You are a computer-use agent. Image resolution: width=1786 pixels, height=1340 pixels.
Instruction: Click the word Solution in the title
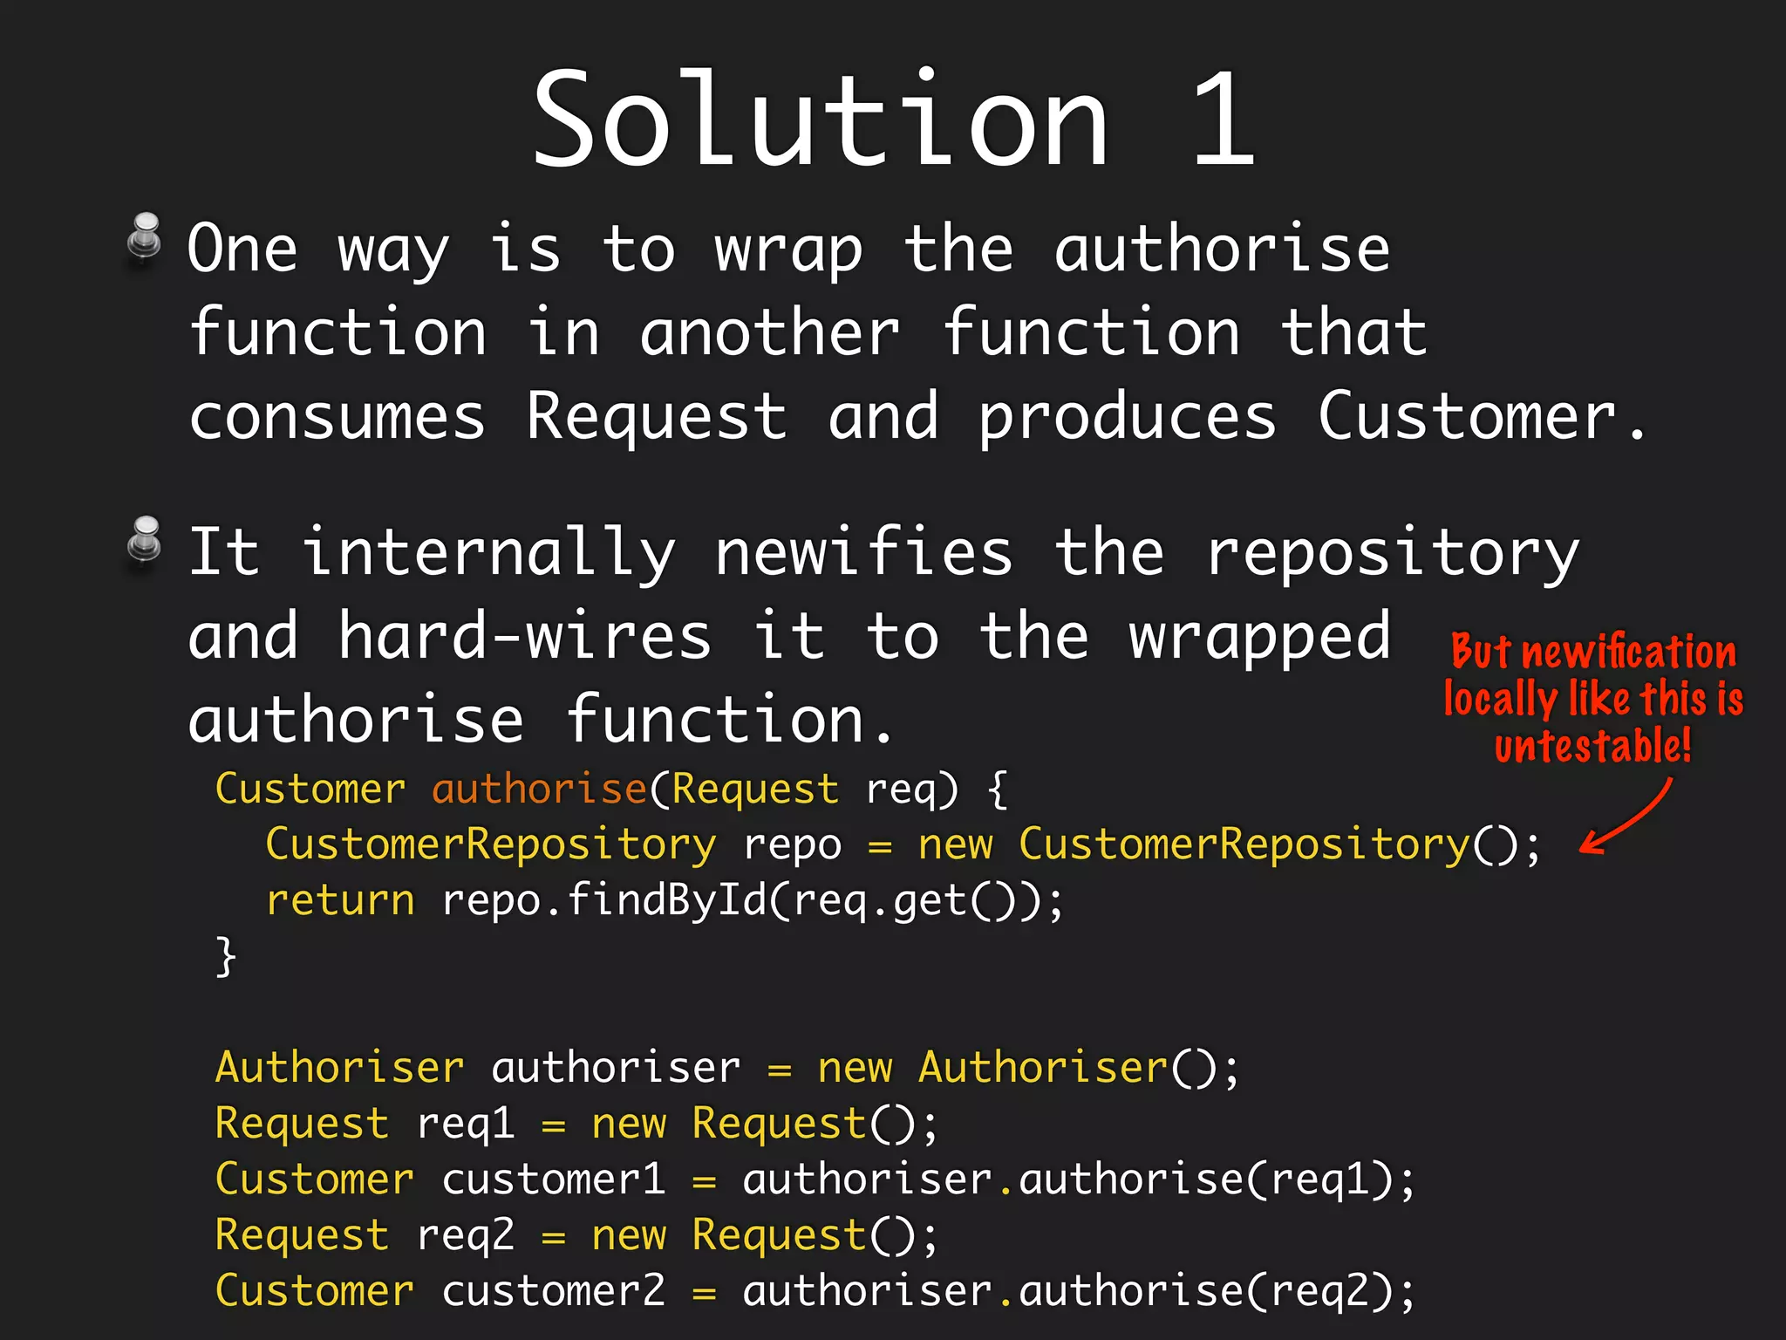pyautogui.click(x=820, y=120)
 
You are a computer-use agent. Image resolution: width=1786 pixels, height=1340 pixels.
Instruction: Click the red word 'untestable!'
pyautogui.click(x=1592, y=747)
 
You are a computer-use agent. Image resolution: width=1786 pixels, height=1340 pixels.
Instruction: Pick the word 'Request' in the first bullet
pyautogui.click(x=656, y=416)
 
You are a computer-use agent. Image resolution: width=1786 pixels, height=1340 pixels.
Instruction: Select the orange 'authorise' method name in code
pyautogui.click(x=539, y=789)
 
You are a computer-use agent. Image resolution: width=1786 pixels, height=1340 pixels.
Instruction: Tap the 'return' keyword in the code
pyautogui.click(x=340, y=899)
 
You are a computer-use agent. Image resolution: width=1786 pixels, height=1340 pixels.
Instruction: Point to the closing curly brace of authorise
pyautogui.click(x=226, y=956)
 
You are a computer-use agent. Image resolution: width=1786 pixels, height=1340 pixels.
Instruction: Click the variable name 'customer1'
pyautogui.click(x=553, y=1179)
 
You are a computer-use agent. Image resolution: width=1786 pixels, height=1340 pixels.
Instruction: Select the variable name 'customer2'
pyautogui.click(x=553, y=1290)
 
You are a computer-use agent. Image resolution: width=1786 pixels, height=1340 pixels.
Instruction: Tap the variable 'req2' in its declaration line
pyautogui.click(x=465, y=1234)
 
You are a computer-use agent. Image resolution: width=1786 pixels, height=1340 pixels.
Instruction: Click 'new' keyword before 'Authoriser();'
pyautogui.click(x=855, y=1067)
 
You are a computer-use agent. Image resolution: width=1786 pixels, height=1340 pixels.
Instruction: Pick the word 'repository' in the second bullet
pyautogui.click(x=1392, y=553)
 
